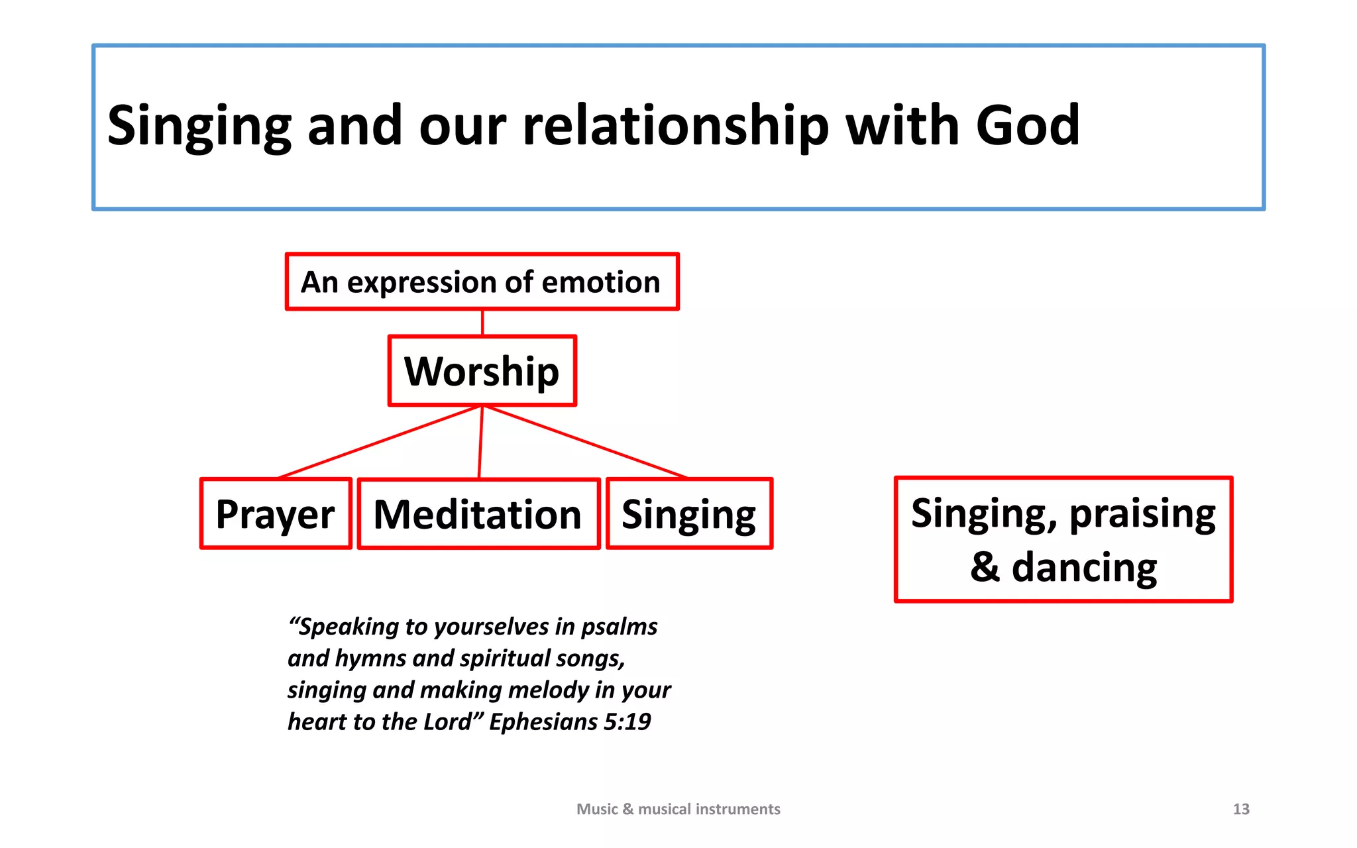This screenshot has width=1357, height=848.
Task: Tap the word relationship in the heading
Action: click(x=675, y=126)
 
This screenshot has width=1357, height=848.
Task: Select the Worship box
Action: click(x=482, y=371)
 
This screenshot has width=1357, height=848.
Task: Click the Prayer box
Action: click(x=275, y=514)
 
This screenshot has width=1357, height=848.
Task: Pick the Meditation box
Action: click(x=478, y=514)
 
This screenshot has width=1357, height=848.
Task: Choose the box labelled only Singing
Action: click(x=689, y=514)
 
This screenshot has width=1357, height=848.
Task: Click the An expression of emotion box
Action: click(x=482, y=282)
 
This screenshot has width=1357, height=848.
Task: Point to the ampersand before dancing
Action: click(x=985, y=567)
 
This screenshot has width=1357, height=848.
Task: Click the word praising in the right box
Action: click(x=1142, y=513)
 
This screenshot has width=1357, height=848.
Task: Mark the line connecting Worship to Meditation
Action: click(x=480, y=442)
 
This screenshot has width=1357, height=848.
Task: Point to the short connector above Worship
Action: click(x=482, y=323)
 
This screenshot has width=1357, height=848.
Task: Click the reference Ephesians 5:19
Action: click(x=570, y=721)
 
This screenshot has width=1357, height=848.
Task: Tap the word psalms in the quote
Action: click(x=619, y=627)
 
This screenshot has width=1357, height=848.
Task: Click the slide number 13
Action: click(x=1241, y=809)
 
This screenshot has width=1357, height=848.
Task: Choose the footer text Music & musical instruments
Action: click(x=678, y=809)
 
